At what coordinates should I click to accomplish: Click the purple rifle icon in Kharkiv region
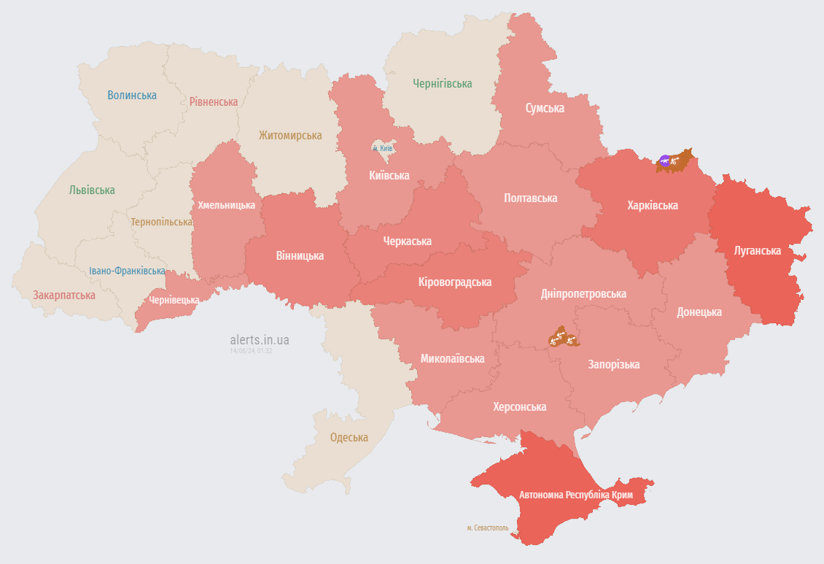point(664,160)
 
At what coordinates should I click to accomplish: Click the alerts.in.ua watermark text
point(259,339)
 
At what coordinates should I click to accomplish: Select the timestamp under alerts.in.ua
point(251,351)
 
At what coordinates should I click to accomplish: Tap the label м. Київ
point(383,148)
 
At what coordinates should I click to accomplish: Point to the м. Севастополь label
point(487,528)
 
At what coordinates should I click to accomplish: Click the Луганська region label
point(758,251)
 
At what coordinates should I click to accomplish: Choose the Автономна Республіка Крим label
point(575,495)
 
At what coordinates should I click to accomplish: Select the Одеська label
point(349,438)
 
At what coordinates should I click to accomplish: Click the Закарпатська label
point(63,295)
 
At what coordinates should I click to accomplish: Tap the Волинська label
point(132,95)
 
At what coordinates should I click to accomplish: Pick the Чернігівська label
point(442,84)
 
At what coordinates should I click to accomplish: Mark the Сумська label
point(545,108)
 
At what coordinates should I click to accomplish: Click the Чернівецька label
point(174,300)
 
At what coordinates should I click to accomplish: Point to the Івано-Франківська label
point(127,271)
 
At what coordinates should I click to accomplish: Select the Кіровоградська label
point(455,282)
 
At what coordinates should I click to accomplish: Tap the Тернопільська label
point(161,222)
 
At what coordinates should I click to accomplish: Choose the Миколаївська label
point(452,359)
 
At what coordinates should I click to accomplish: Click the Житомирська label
point(289,136)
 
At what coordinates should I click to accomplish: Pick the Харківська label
point(652,205)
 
